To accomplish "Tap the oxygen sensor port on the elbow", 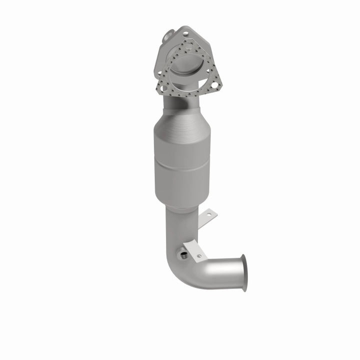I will (184, 255).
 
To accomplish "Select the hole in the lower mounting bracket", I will (199, 256).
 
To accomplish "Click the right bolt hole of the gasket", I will (214, 85).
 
